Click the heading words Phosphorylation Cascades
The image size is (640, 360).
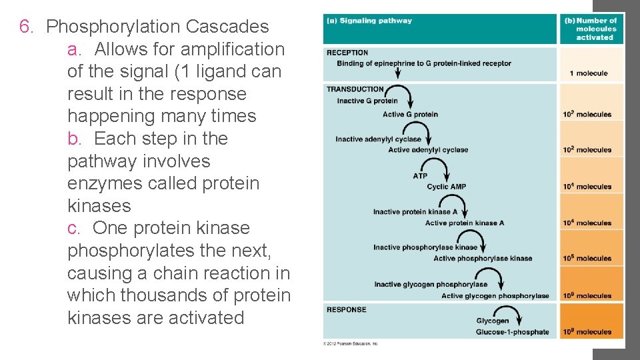click(x=158, y=27)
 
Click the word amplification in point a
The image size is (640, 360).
click(x=233, y=49)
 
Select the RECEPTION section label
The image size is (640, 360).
click(x=347, y=53)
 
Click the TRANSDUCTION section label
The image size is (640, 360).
click(x=355, y=89)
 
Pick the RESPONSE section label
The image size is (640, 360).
click(x=347, y=309)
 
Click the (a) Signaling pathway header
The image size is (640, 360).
click(x=369, y=21)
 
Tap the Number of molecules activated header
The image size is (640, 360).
click(x=592, y=29)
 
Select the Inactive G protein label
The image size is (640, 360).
click(x=367, y=101)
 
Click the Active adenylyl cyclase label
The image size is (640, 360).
click(x=429, y=150)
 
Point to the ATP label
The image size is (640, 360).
click(x=420, y=176)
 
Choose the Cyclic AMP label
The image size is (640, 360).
click(x=447, y=187)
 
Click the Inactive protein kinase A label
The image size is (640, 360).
click(x=415, y=212)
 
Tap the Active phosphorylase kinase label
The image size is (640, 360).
click(x=483, y=259)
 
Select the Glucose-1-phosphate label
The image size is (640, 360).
click(x=513, y=332)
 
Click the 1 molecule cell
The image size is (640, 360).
click(x=589, y=73)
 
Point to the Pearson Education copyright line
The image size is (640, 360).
click(x=351, y=343)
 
